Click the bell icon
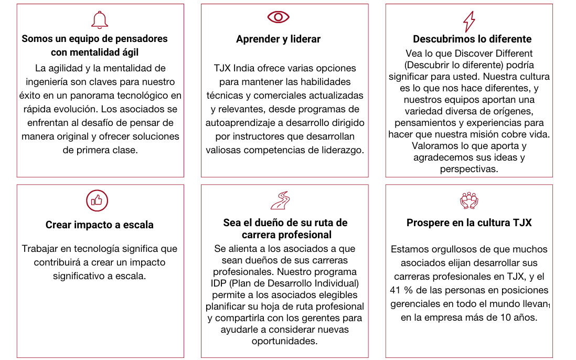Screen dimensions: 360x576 point(100,20)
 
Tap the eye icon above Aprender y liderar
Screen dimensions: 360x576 point(278,17)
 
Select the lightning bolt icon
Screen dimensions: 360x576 point(468,22)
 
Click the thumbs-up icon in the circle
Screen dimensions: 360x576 point(97,200)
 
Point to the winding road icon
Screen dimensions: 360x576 point(280,200)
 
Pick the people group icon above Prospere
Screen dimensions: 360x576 point(469,200)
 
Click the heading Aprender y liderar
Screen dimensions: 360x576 point(278,39)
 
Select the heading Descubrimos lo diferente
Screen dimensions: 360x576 point(472,39)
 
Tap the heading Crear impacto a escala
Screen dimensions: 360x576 point(100,225)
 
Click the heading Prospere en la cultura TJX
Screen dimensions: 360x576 point(469,223)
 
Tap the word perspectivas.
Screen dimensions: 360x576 point(469,169)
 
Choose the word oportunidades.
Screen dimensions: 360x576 point(284,341)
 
